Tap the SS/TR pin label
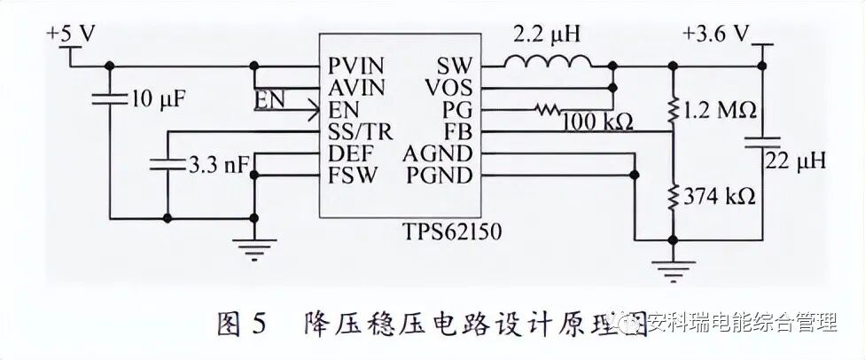pos(356,133)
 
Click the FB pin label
pos(462,133)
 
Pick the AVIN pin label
pos(356,89)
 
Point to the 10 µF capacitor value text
pos(158,98)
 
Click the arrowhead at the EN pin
pos(314,111)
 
